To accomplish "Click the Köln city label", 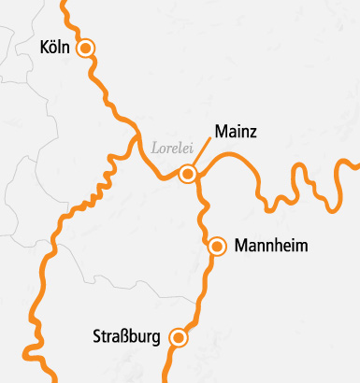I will tap(56, 47).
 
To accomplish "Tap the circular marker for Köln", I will tap(86, 48).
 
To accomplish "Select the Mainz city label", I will tap(236, 131).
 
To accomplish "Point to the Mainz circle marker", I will tap(188, 174).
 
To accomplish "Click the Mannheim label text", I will tap(271, 247).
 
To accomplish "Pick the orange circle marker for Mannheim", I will tap(217, 247).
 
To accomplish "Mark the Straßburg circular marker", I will tap(178, 338).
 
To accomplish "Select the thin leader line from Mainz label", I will tap(201, 156).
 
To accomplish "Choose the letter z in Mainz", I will tap(252, 131).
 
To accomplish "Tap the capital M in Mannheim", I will tap(243, 247).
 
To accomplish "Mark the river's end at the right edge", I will tap(356, 166).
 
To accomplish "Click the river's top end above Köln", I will tap(65, 3).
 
